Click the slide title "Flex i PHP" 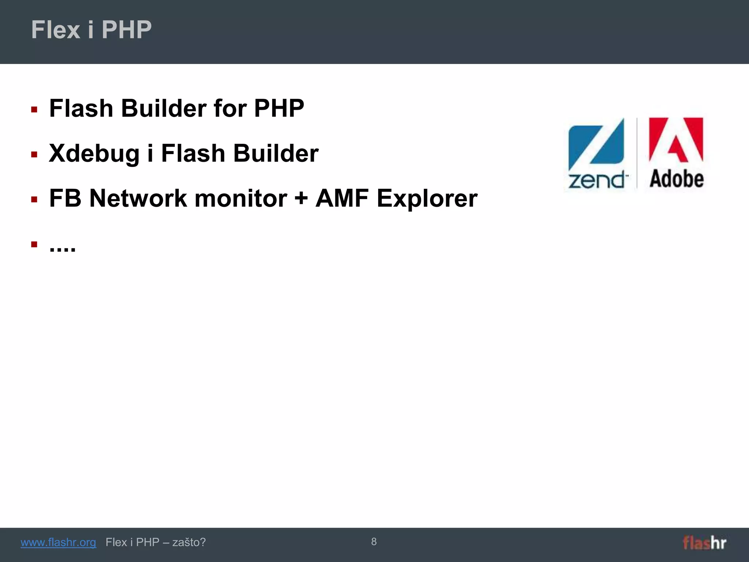click(x=91, y=30)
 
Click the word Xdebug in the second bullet click(x=94, y=154)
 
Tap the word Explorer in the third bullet click(x=427, y=199)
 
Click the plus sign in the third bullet click(x=301, y=199)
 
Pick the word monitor click(x=241, y=199)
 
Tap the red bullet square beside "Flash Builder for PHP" click(x=34, y=109)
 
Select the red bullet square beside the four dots click(x=34, y=244)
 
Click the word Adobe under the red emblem click(x=677, y=179)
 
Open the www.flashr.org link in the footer click(x=59, y=542)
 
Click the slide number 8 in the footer click(x=374, y=542)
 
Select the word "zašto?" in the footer click(x=189, y=542)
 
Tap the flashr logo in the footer click(x=704, y=543)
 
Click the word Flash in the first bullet click(x=81, y=109)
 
